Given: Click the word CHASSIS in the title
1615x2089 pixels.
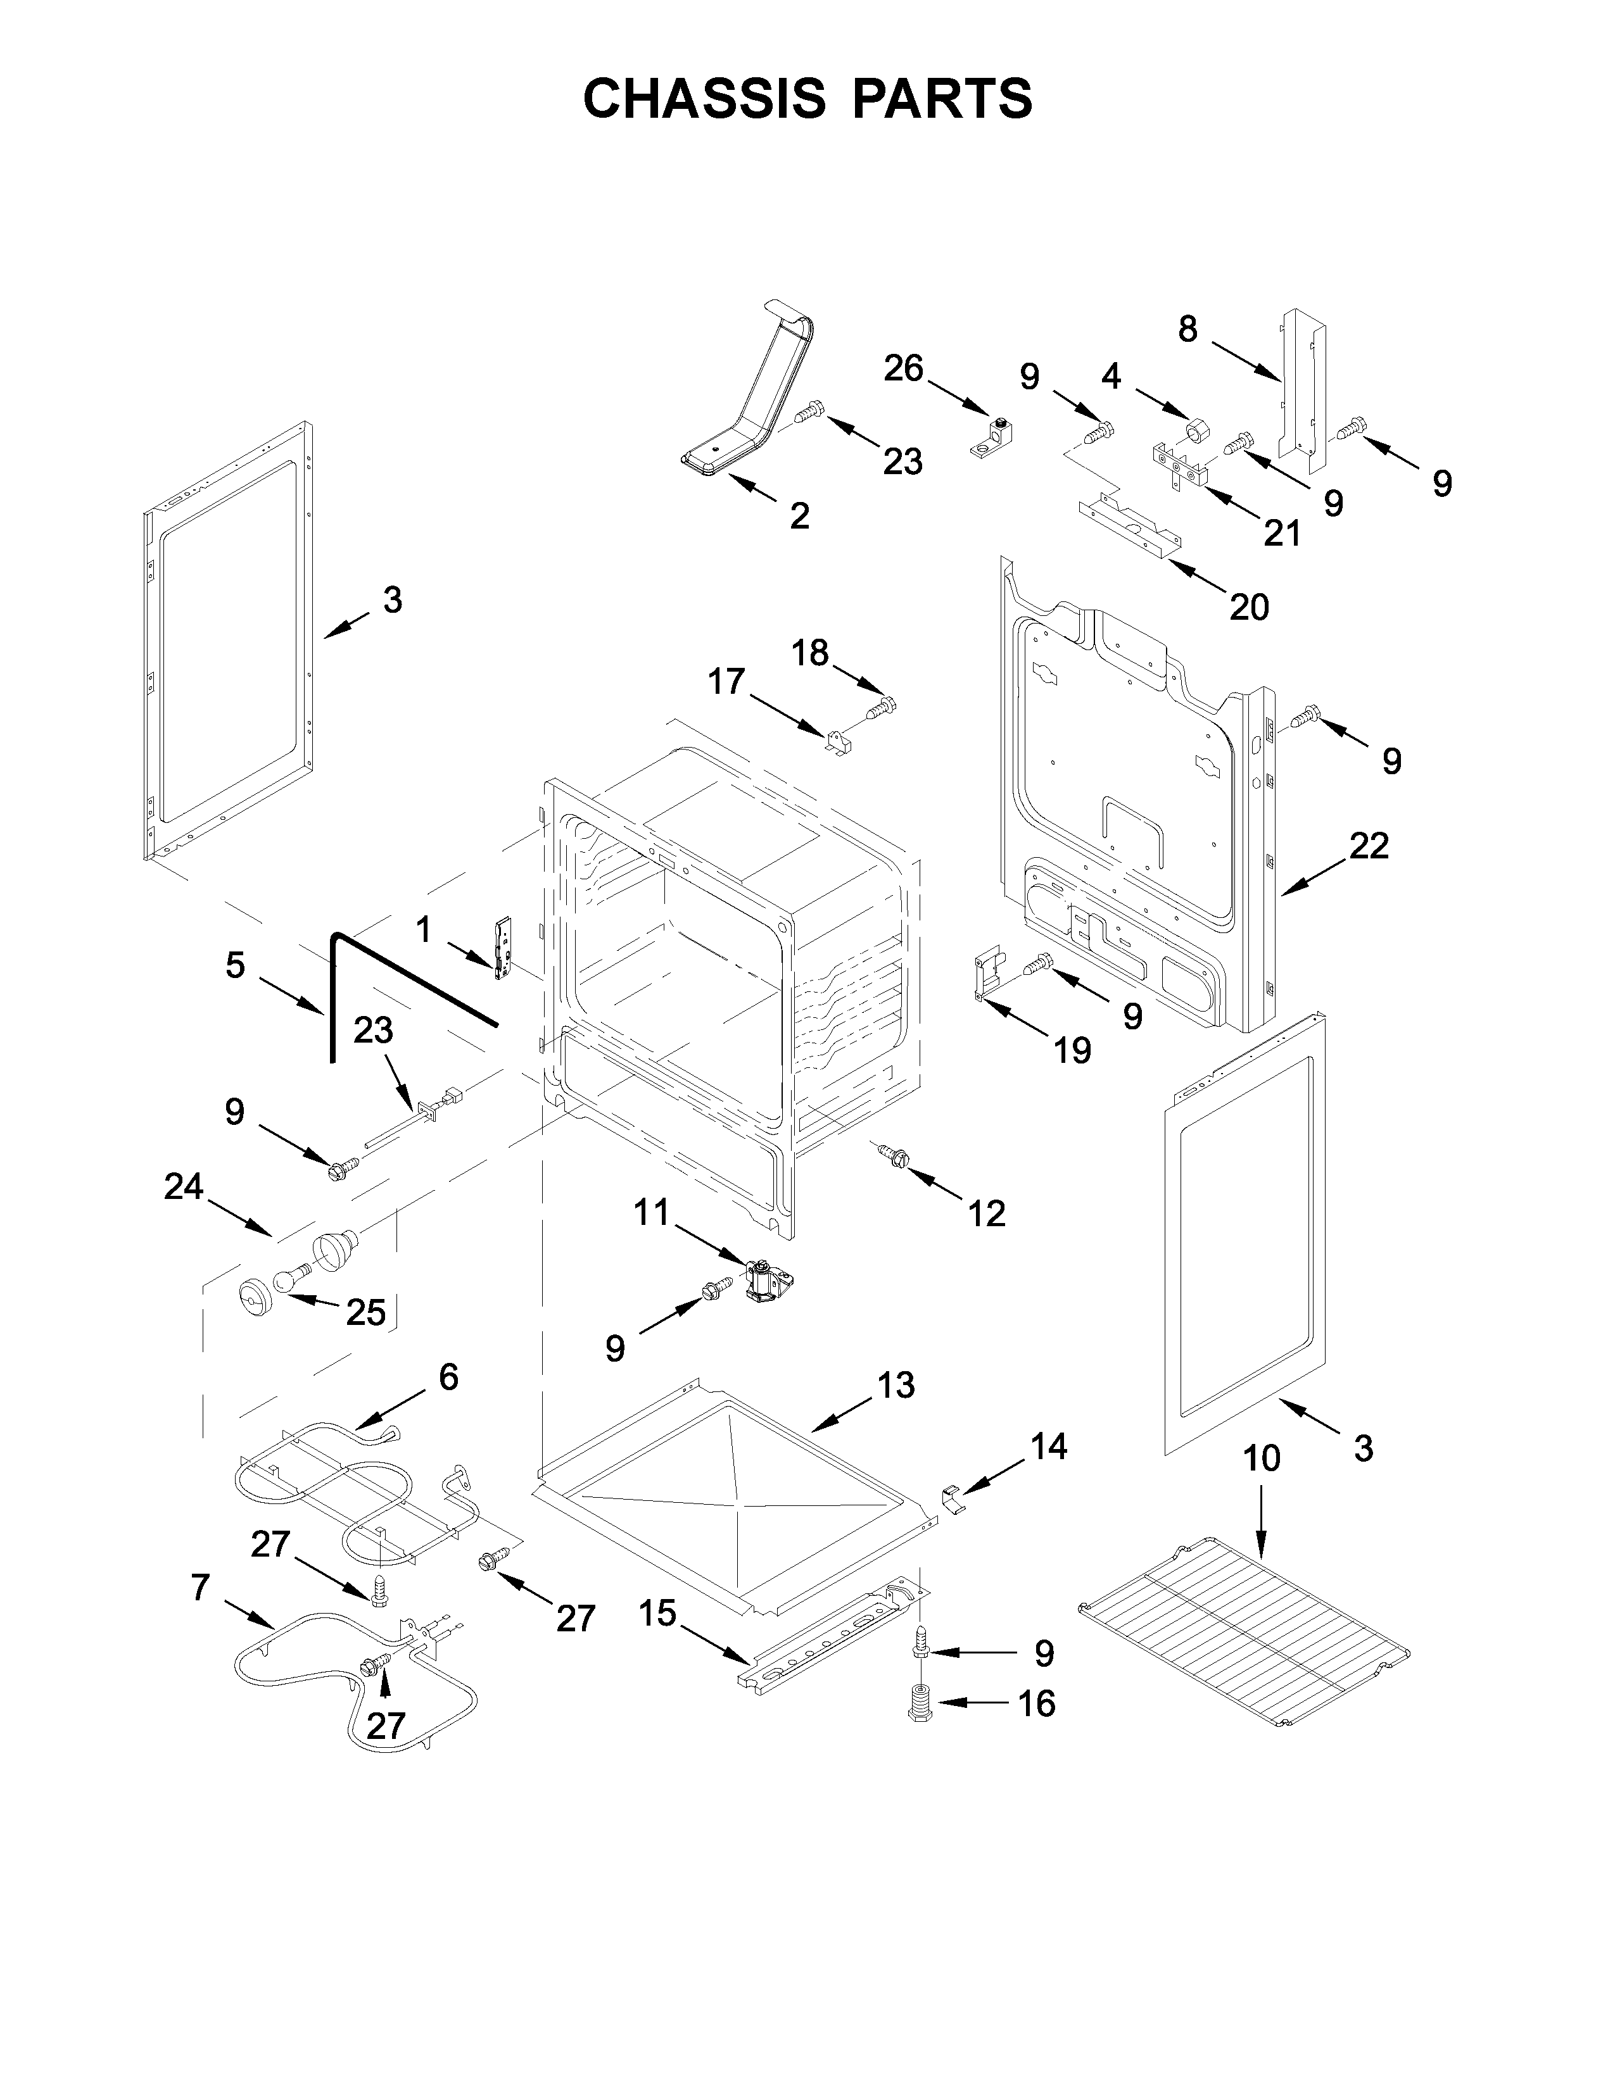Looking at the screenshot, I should (x=704, y=99).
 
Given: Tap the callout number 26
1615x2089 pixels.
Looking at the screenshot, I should (x=903, y=368).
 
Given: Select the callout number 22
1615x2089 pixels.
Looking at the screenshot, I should (x=1369, y=846).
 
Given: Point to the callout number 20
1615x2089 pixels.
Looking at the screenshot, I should (x=1248, y=606).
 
